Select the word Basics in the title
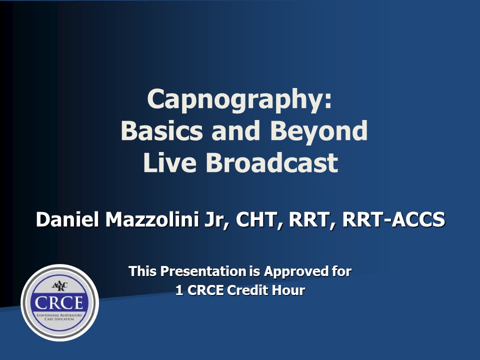coord(162,130)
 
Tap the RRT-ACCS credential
coord(393,219)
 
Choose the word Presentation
coord(203,271)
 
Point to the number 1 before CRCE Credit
coord(179,290)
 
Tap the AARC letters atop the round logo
coord(59,286)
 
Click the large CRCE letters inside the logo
coord(59,303)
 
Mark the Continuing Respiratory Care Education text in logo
coord(59,317)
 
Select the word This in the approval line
coord(142,271)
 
